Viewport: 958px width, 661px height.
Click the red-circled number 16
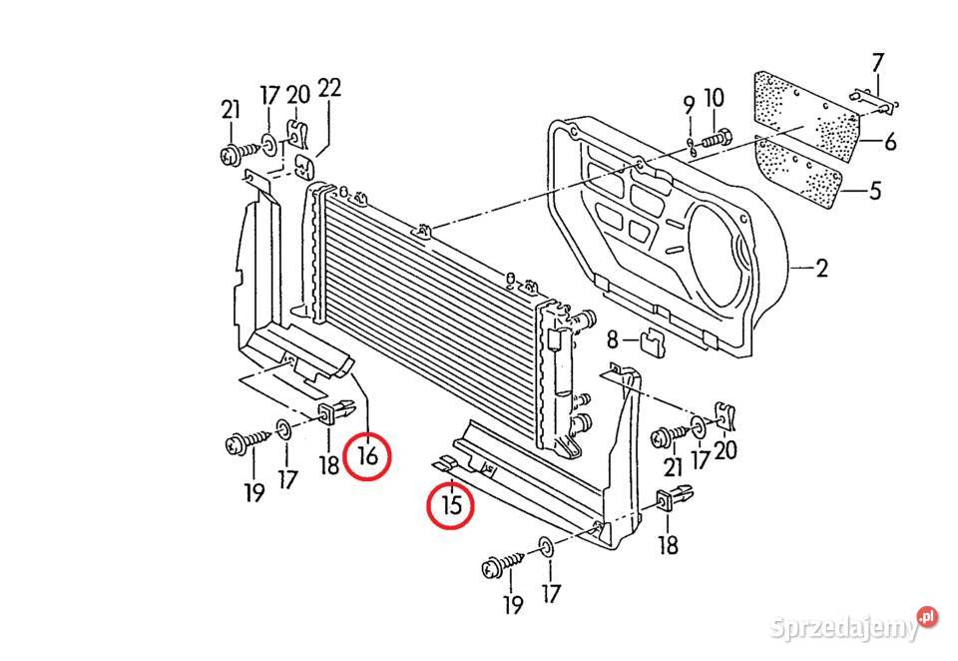[x=367, y=456]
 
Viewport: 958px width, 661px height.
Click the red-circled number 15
[x=451, y=506]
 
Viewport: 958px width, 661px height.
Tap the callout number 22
[x=329, y=88]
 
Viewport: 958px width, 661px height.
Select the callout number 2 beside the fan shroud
[x=821, y=269]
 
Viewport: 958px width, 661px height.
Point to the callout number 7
[x=878, y=63]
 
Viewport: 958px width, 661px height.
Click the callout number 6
[x=890, y=142]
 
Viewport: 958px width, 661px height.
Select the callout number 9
[x=689, y=103]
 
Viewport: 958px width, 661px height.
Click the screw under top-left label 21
[x=235, y=154]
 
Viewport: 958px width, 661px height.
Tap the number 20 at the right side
[x=725, y=450]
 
